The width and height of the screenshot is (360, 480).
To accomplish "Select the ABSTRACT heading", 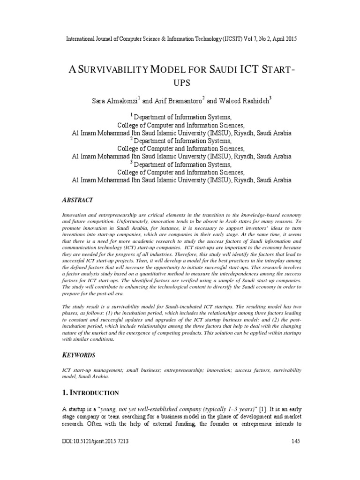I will click(x=78, y=199).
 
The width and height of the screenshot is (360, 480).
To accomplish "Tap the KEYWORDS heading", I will click(x=80, y=355).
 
